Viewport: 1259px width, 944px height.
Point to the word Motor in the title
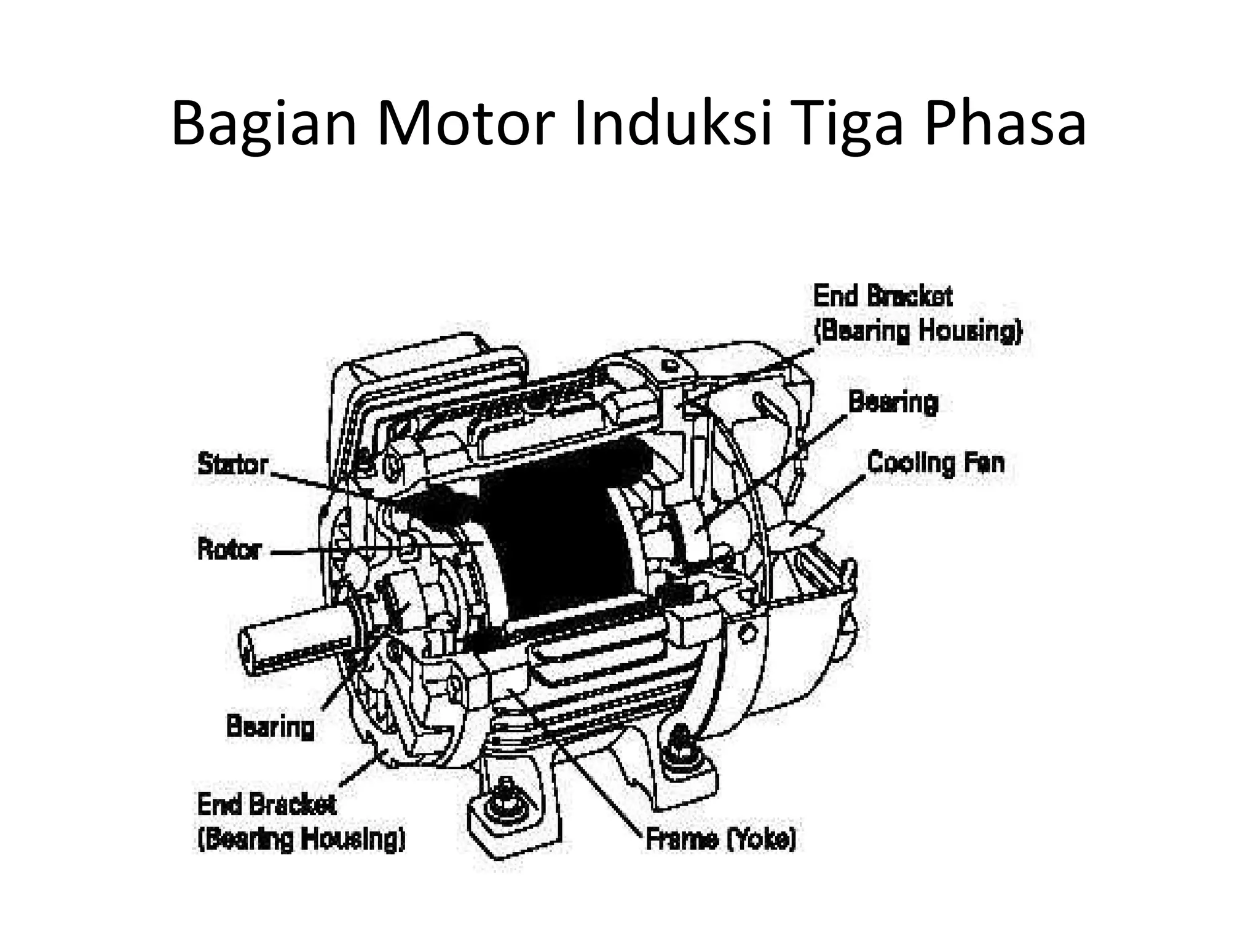coord(462,125)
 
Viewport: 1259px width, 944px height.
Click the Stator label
coord(233,465)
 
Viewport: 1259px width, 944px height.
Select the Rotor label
coord(229,549)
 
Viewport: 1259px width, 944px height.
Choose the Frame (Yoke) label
coord(720,838)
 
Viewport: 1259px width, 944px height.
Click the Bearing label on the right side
coord(893,403)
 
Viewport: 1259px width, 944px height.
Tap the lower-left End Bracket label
coord(301,822)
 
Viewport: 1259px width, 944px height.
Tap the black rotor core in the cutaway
coord(553,541)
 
